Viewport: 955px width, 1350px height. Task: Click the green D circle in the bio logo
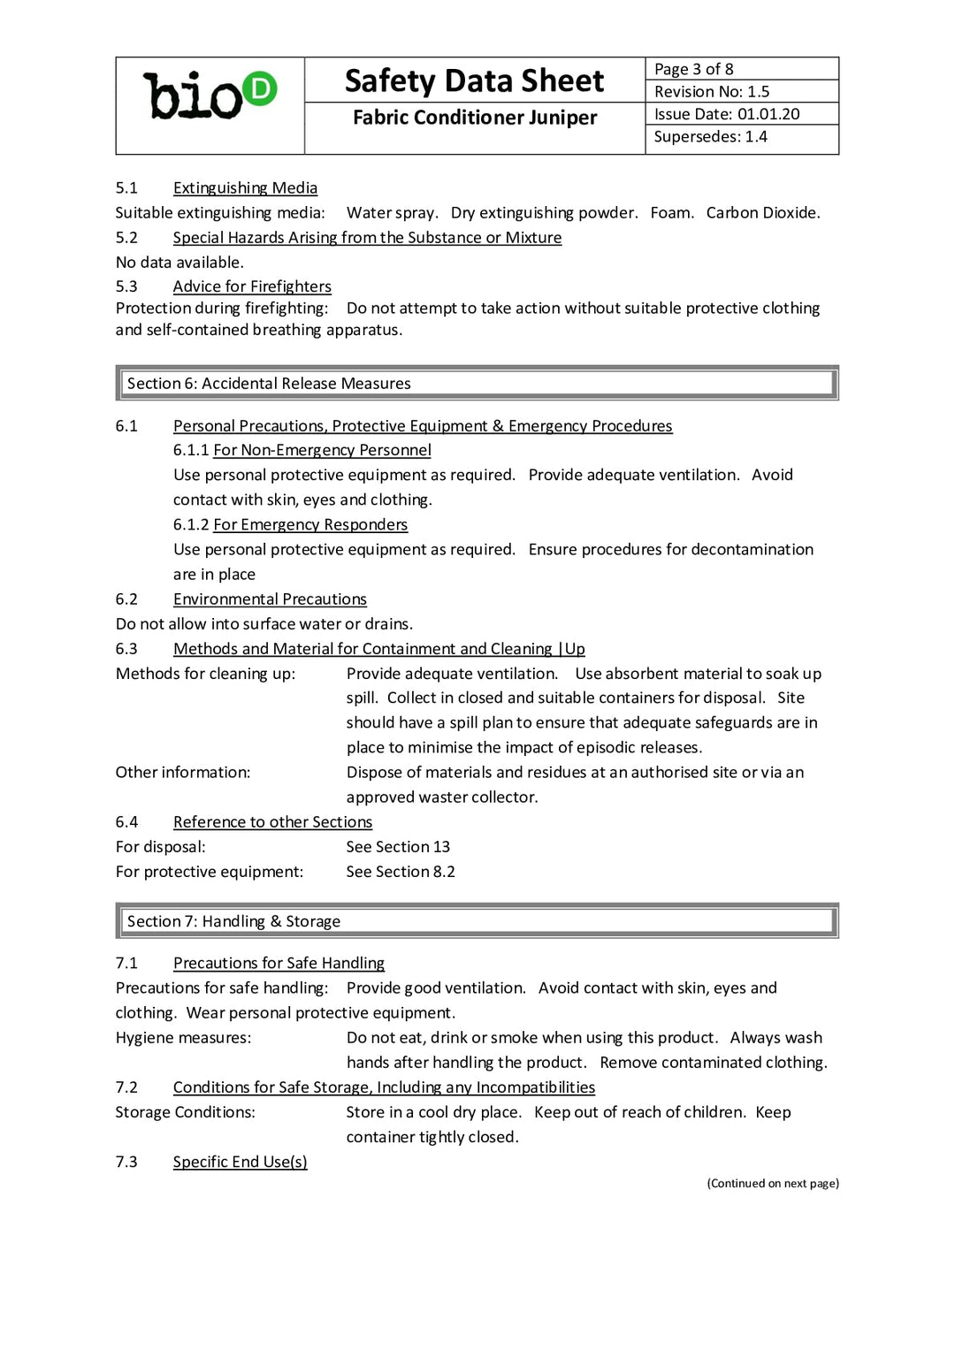click(x=260, y=88)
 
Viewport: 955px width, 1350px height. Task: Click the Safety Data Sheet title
click(x=474, y=81)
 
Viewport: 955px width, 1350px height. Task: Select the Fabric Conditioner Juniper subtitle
click(x=474, y=118)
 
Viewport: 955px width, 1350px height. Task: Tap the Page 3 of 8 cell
click(x=694, y=69)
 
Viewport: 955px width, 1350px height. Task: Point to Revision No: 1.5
click(x=712, y=92)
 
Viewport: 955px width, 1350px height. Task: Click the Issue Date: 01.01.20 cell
click(x=726, y=114)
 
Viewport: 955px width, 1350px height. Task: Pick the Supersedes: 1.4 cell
click(x=710, y=137)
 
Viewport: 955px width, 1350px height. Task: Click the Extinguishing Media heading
click(x=245, y=188)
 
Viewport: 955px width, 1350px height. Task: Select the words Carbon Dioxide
click(x=762, y=213)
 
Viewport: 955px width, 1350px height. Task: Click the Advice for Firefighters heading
click(x=252, y=286)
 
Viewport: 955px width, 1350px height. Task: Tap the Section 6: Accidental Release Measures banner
click(x=477, y=384)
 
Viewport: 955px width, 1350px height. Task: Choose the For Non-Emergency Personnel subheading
click(x=322, y=450)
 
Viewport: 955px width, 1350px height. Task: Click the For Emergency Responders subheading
click(x=310, y=525)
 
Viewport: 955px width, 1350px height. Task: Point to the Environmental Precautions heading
click(x=270, y=599)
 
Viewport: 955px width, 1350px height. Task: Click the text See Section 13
click(x=398, y=847)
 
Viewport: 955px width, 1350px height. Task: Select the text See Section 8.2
click(x=401, y=872)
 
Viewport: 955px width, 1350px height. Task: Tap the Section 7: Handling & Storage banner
click(x=477, y=921)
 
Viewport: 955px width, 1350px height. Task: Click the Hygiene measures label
click(x=183, y=1038)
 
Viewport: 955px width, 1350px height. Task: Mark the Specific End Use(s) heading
click(x=240, y=1162)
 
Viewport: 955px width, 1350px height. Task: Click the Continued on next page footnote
click(x=772, y=1184)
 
